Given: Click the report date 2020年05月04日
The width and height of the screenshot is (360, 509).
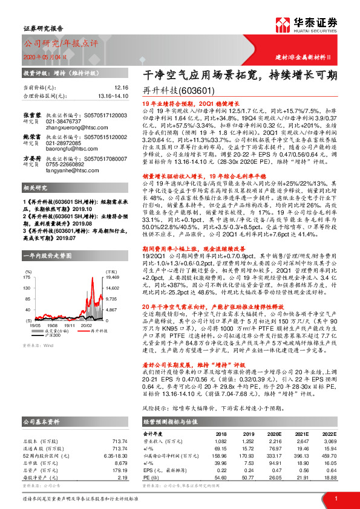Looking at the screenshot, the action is (x=48, y=56).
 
